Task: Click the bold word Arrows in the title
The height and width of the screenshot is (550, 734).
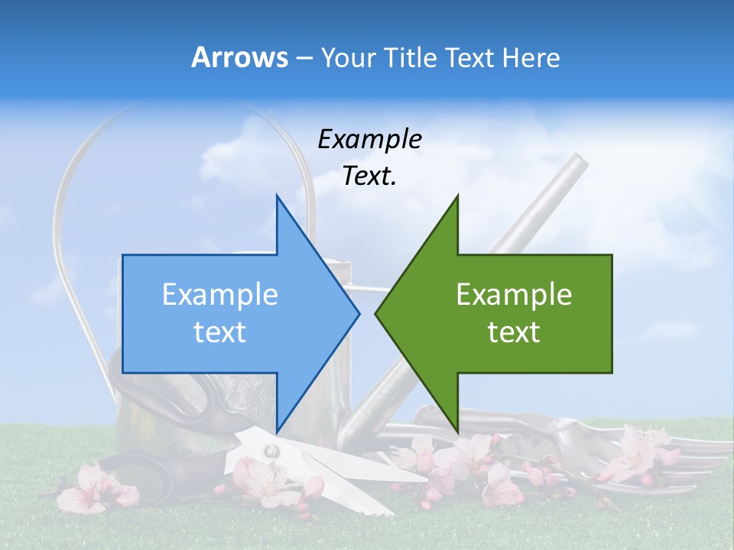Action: click(x=240, y=57)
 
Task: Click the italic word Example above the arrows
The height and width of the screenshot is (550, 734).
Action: click(x=369, y=139)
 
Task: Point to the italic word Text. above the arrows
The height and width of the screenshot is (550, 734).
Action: click(x=369, y=176)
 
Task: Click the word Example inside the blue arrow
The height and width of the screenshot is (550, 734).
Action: click(x=220, y=294)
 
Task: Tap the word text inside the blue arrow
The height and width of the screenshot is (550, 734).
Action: click(x=220, y=332)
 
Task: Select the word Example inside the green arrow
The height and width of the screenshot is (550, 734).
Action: click(x=514, y=294)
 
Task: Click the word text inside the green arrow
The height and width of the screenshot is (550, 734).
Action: click(x=514, y=332)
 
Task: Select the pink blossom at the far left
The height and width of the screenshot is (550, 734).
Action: click(x=88, y=489)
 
